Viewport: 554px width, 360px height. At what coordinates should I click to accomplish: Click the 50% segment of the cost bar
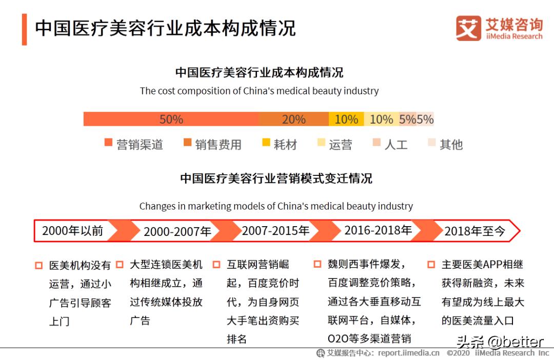click(x=171, y=119)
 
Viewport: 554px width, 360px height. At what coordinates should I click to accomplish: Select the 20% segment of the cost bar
click(x=294, y=119)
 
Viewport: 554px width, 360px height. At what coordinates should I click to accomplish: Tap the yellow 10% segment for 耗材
click(x=346, y=119)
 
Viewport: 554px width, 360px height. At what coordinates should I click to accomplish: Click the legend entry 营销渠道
click(x=134, y=145)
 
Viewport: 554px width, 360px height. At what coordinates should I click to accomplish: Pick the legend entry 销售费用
click(x=212, y=145)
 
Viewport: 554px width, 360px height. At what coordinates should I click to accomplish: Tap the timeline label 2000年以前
click(x=72, y=231)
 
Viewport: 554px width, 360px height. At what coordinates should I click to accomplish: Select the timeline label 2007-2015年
click(x=275, y=231)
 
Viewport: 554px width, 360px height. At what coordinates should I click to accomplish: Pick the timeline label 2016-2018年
click(x=378, y=230)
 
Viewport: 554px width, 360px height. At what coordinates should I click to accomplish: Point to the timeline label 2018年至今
click(x=474, y=231)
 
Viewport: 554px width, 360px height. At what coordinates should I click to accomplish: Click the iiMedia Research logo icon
click(x=468, y=28)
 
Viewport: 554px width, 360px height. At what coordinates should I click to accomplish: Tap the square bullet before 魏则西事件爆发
click(x=318, y=265)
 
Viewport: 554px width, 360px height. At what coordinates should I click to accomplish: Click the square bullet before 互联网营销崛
click(x=216, y=265)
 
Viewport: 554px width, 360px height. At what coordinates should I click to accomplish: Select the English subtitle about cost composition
click(x=259, y=91)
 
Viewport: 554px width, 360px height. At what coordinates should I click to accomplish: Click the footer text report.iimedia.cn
click(x=409, y=353)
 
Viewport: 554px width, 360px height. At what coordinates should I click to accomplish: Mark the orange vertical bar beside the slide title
click(x=24, y=29)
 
